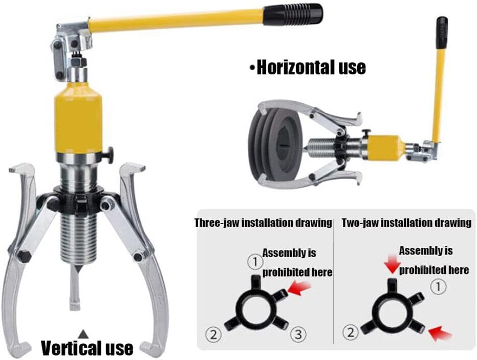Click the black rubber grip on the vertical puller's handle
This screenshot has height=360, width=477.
pos(293,14)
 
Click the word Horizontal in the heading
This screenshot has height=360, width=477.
pos(292,67)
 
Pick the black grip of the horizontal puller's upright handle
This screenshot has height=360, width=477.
pos(442,33)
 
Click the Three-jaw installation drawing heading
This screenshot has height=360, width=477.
pos(263,223)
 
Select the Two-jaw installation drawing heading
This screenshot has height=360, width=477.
pos(406,223)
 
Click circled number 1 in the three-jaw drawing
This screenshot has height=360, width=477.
pos(255,262)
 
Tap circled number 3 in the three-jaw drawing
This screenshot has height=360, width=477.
pos(298,334)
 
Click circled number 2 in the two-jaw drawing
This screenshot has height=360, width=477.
pos(351,332)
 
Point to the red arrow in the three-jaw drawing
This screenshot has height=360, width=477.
pos(299,288)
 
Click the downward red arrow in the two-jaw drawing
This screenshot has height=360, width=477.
pos(393,264)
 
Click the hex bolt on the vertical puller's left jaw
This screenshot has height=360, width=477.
pos(24,256)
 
